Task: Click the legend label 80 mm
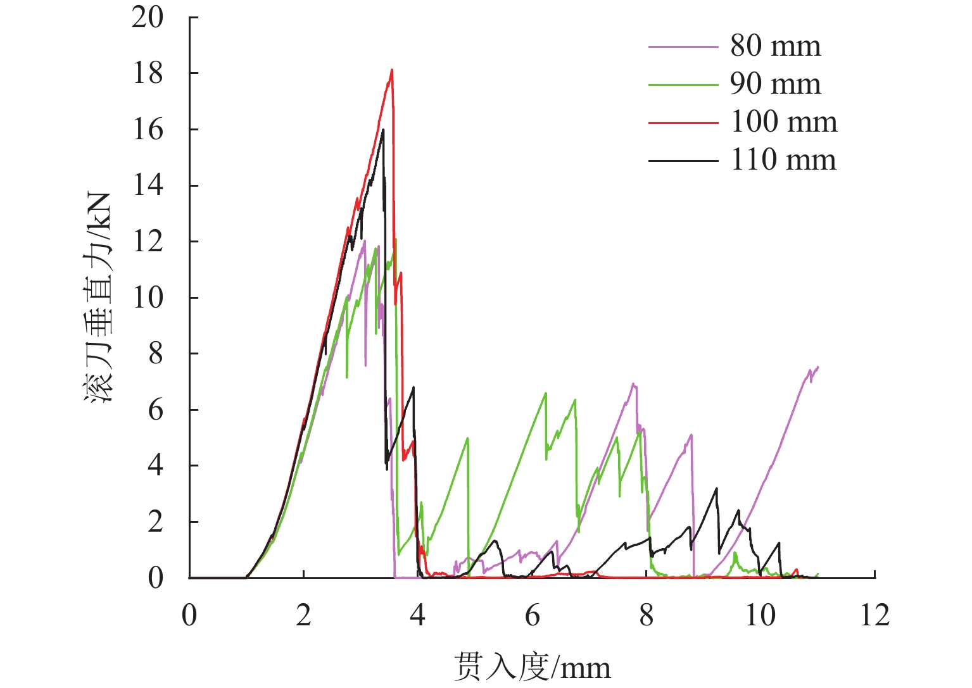[x=775, y=46]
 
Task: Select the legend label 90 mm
[x=775, y=84]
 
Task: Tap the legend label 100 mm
[x=783, y=122]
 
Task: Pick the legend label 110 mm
[x=783, y=160]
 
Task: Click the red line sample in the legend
[x=683, y=123]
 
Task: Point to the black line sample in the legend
[x=683, y=161]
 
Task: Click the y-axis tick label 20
[x=147, y=18]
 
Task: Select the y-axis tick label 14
[x=147, y=185]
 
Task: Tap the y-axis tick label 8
[x=155, y=354]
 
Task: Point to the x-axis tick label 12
[x=874, y=615]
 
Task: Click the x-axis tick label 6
[x=532, y=615]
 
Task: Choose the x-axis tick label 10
[x=760, y=615]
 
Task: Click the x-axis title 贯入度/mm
[x=532, y=668]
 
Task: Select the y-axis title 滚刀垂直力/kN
[x=98, y=297]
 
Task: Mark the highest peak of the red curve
[x=392, y=70]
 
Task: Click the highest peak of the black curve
[x=383, y=130]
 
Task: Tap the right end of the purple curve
[x=818, y=367]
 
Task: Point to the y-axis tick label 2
[x=155, y=522]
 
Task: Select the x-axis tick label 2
[x=303, y=615]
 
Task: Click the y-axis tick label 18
[x=147, y=73]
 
